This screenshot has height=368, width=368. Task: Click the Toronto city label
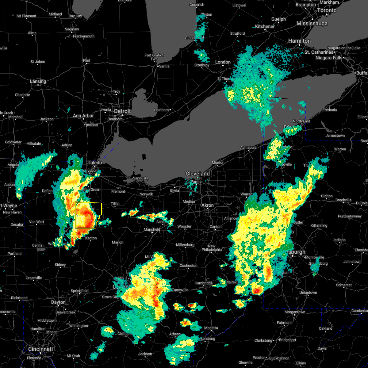pos(327,10)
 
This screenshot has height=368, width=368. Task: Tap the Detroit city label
pos(122,111)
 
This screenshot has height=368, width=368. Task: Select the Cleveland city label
pos(197,174)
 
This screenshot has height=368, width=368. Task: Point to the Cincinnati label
pos(40,349)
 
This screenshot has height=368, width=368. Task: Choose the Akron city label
pos(208,205)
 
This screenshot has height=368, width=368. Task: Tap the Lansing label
pos(38,81)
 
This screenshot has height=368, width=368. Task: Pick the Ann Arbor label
pos(83,116)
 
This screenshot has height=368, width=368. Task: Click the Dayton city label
pos(58,302)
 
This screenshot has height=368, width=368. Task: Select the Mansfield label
pos(152,229)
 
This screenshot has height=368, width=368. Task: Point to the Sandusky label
pos(141,178)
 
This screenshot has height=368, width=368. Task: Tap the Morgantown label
pos(295,312)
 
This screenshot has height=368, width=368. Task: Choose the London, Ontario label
pos(223,62)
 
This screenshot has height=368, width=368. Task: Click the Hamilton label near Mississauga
pos(299,41)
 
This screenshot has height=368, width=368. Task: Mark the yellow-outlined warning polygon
pos(87,215)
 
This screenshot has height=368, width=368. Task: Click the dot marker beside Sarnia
pos(158,66)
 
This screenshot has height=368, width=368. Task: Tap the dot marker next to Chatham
pos(170,110)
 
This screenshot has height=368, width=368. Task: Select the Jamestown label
pos(335,136)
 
